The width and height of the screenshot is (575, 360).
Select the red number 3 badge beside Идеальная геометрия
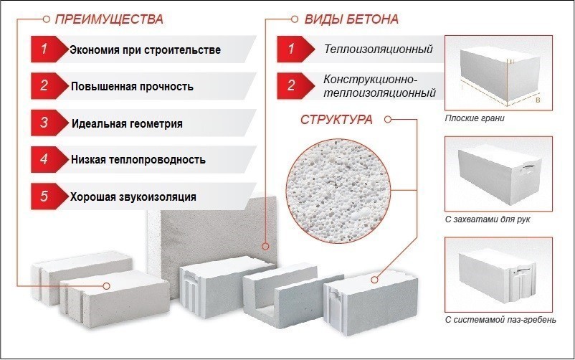coord(44,123)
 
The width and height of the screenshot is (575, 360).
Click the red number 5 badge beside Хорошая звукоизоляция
coord(44,196)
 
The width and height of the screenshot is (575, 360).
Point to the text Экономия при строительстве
coord(145,51)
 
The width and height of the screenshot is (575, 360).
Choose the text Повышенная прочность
coord(132,87)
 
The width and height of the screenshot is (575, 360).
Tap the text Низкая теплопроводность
coord(138,159)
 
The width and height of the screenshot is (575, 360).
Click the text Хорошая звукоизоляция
coord(133,196)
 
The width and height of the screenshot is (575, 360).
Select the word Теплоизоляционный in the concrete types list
coord(379,50)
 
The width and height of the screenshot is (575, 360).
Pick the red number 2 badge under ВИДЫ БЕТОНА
coord(291,86)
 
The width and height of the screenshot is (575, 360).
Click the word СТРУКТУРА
coord(335,120)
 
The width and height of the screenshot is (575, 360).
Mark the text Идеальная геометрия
coord(127,123)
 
